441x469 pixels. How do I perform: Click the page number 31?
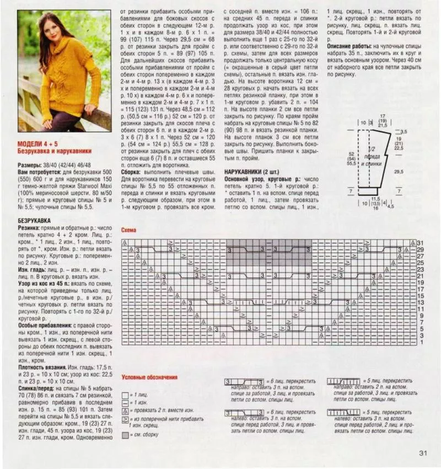pyautogui.click(x=424, y=454)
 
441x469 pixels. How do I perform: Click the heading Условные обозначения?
pyautogui.click(x=149, y=377)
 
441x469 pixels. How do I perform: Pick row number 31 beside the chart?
pyautogui.click(x=420, y=243)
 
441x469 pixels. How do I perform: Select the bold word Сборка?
pyautogui.click(x=132, y=172)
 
